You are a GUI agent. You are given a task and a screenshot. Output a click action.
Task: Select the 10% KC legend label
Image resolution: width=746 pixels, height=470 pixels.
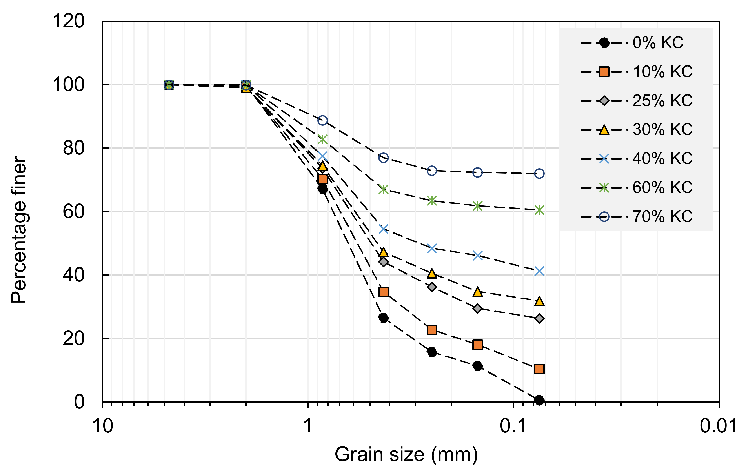662,72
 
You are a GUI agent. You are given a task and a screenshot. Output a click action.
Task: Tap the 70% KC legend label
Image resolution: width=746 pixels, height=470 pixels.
662,216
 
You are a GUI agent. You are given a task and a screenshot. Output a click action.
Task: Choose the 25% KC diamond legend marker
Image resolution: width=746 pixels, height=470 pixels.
604,101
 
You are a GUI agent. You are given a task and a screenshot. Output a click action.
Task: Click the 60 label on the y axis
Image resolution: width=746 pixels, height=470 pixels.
73,212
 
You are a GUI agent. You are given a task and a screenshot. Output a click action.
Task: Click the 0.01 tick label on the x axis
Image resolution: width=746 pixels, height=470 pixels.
718,426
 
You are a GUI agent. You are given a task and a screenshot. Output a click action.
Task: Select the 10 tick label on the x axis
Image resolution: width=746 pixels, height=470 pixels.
103,426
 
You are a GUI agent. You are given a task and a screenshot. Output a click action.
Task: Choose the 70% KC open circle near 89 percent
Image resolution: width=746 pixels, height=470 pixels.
322,120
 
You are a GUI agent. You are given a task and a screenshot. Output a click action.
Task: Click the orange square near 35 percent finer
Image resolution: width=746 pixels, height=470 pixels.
384,292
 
